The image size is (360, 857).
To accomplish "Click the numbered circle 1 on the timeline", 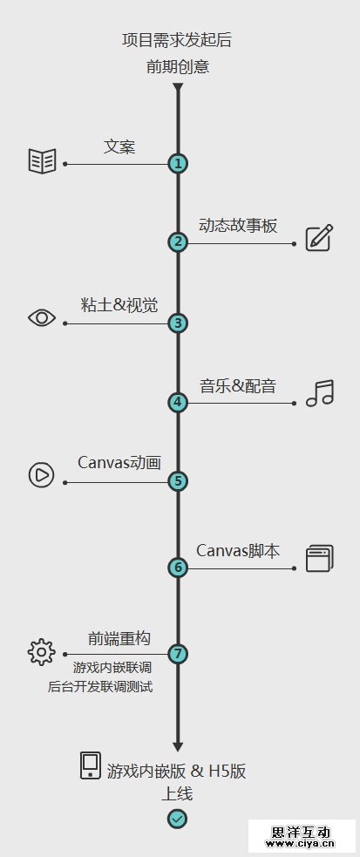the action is pyautogui.click(x=178, y=163).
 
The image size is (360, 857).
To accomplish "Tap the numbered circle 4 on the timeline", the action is pyautogui.click(x=178, y=403).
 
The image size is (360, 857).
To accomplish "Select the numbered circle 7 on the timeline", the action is pyautogui.click(x=178, y=653).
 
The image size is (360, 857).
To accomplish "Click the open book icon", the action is pyautogui.click(x=42, y=160).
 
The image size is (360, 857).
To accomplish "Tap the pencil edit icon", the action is pyautogui.click(x=320, y=238).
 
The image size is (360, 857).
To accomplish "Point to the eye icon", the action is pyautogui.click(x=42, y=317).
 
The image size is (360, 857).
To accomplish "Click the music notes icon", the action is pyautogui.click(x=320, y=393).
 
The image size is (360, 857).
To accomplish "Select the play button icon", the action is pyautogui.click(x=42, y=474).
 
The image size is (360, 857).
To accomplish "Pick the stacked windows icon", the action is pyautogui.click(x=320, y=559).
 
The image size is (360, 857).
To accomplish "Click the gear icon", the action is pyautogui.click(x=42, y=651).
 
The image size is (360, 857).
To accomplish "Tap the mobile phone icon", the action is pyautogui.click(x=91, y=765).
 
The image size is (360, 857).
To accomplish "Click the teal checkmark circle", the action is pyautogui.click(x=177, y=818).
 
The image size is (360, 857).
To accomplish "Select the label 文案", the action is pyautogui.click(x=119, y=146).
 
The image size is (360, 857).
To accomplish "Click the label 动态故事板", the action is pyautogui.click(x=238, y=226).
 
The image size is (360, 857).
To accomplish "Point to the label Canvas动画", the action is pyautogui.click(x=119, y=462).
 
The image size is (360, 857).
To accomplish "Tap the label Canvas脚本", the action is pyautogui.click(x=238, y=550).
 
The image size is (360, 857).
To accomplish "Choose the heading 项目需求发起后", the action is pyautogui.click(x=178, y=40).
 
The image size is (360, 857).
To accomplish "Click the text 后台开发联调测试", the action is pyautogui.click(x=100, y=686).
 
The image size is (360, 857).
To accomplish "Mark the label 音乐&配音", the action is pyautogui.click(x=238, y=386).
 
